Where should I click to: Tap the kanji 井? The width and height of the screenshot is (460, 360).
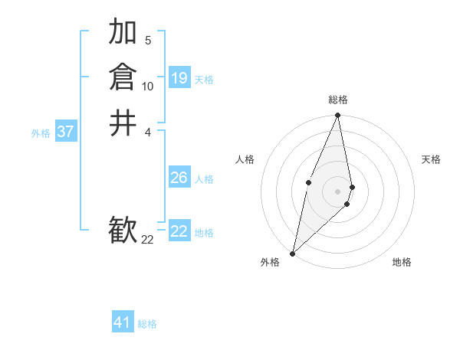tap(123, 123)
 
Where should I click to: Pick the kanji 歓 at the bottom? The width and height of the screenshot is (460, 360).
tap(123, 230)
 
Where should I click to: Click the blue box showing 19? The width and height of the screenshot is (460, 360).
tap(179, 78)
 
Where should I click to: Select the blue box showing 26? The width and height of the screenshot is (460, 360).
tap(179, 178)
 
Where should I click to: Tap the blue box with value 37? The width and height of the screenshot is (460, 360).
tap(66, 132)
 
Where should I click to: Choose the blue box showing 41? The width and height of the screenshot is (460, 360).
tap(123, 322)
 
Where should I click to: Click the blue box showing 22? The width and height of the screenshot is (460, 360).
tap(179, 231)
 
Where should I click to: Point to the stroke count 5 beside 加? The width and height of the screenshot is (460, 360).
tap(148, 40)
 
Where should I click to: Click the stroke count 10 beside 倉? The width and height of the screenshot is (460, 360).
tap(148, 86)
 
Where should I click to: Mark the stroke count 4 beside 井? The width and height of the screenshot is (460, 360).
tap(148, 132)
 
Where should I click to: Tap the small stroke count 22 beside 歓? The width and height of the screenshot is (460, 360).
tap(148, 240)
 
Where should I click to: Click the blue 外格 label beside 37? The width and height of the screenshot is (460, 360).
tap(41, 133)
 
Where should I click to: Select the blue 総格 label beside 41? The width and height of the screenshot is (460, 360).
tap(147, 324)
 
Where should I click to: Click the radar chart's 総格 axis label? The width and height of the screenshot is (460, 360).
tap(338, 100)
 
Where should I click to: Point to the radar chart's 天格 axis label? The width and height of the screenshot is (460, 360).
tap(432, 159)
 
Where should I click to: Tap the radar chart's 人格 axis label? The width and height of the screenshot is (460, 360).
tap(245, 159)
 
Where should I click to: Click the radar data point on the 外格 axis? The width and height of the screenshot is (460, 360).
tap(293, 253)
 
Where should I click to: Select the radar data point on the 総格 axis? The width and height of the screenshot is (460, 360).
tap(338, 116)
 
